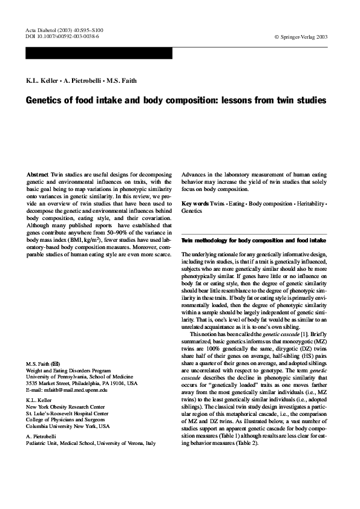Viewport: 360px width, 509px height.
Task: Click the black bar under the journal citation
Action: click(99, 53)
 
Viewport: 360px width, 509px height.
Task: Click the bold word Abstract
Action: click(38, 174)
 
